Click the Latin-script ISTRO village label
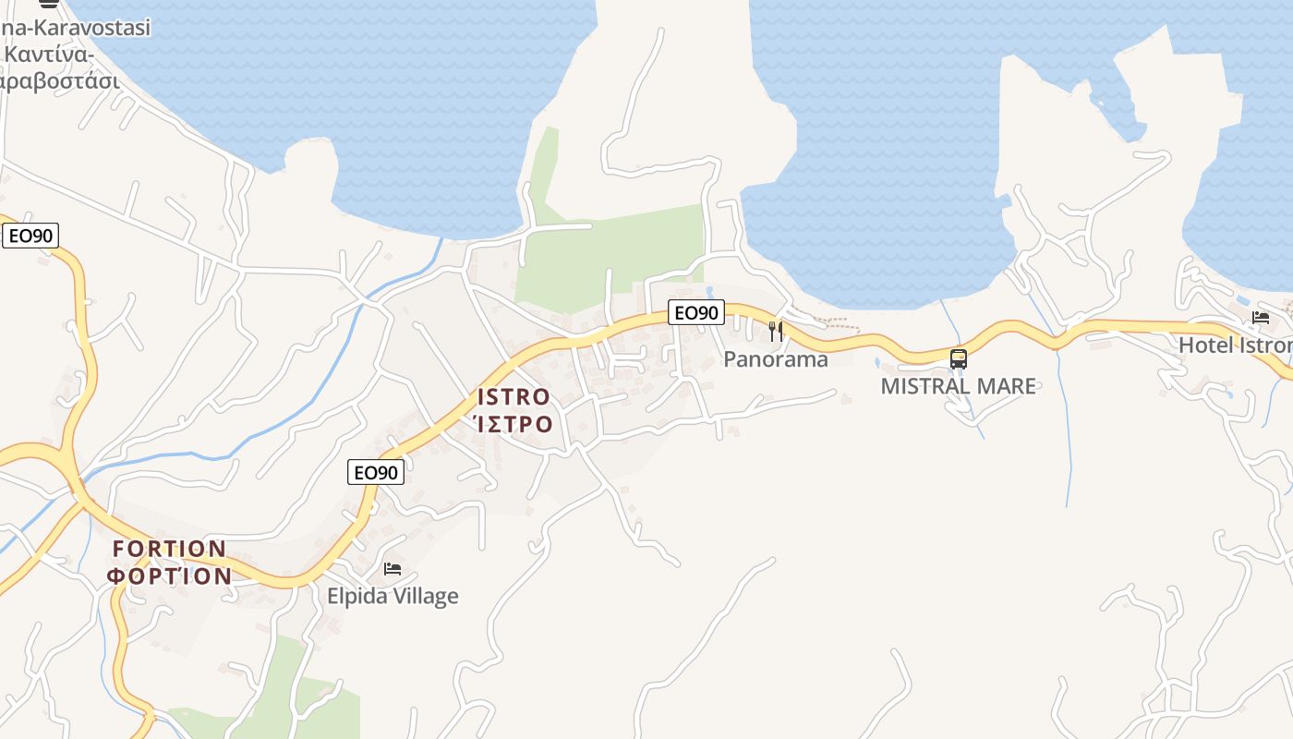click(514, 397)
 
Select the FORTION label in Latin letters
click(169, 549)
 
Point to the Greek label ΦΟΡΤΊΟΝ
click(169, 576)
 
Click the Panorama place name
click(776, 359)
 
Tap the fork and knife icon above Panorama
click(776, 330)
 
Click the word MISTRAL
click(924, 386)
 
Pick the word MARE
click(1004, 386)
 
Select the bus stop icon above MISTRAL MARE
click(959, 358)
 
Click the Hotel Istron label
click(1234, 345)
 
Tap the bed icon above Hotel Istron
click(1261, 318)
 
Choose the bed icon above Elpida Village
click(393, 568)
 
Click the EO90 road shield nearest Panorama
click(696, 313)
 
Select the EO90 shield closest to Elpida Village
click(376, 472)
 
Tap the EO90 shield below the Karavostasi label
click(30, 236)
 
